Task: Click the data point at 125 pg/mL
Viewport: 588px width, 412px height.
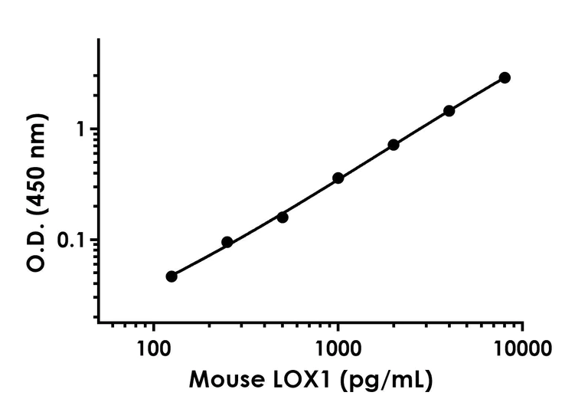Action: pyautogui.click(x=171, y=276)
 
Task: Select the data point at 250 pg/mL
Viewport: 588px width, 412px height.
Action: pyautogui.click(x=227, y=242)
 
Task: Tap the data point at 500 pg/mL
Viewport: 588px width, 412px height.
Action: pyautogui.click(x=283, y=217)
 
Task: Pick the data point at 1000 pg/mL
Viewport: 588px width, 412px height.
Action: pyautogui.click(x=338, y=178)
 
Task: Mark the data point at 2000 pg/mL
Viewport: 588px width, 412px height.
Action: pyautogui.click(x=394, y=145)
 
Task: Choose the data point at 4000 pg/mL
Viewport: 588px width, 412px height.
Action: pyautogui.click(x=449, y=110)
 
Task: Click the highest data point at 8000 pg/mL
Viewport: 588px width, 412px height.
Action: pyautogui.click(x=505, y=77)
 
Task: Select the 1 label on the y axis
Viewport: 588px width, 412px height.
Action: pyautogui.click(x=79, y=129)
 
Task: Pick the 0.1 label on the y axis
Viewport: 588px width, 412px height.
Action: pyautogui.click(x=73, y=240)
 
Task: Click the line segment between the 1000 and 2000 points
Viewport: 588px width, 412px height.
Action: pyautogui.click(x=366, y=161)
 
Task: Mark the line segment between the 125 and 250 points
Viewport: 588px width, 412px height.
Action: pyautogui.click(x=199, y=260)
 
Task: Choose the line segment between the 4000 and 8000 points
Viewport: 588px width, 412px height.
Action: pyautogui.click(x=477, y=93)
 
